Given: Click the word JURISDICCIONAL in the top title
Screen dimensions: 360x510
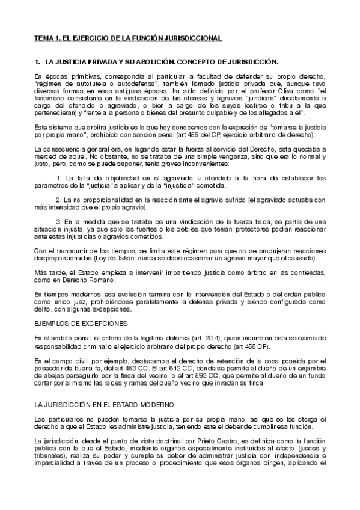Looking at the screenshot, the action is (x=192, y=38).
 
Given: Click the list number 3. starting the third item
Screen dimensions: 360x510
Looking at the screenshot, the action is (x=58, y=222).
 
